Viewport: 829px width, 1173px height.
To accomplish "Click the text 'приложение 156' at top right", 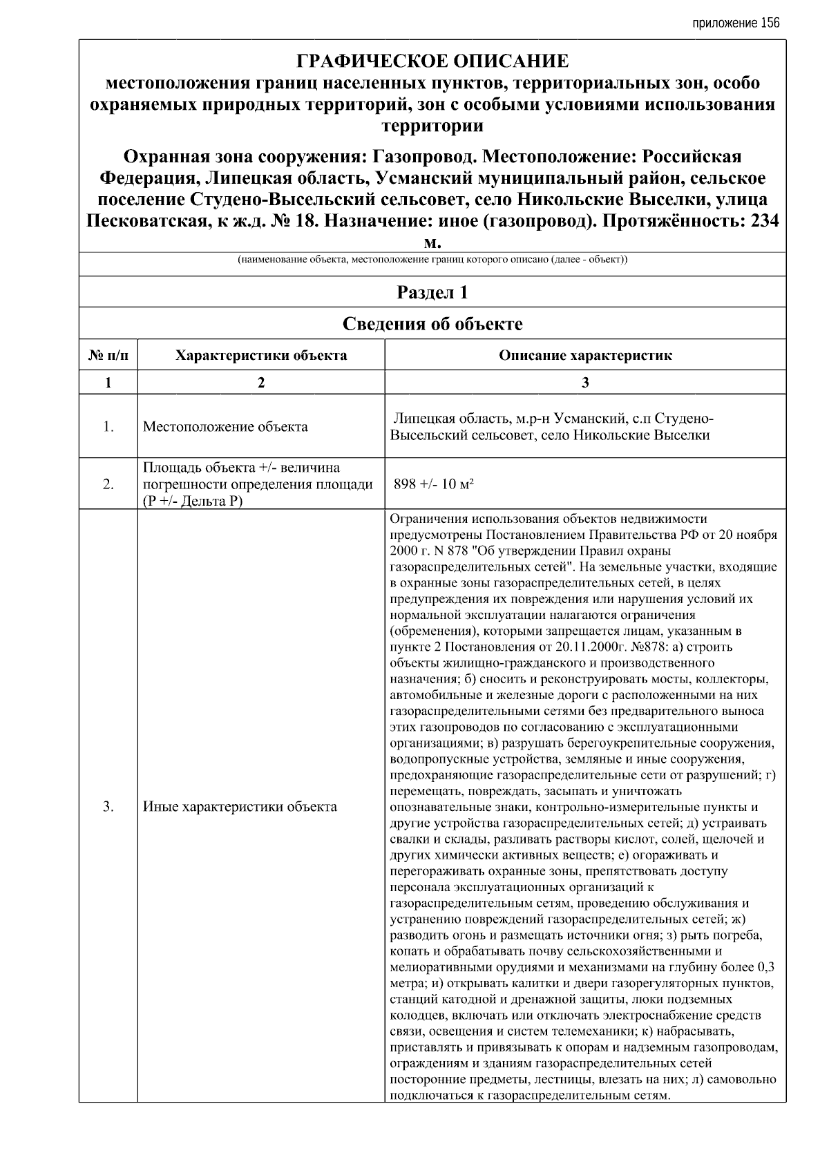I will (735, 23).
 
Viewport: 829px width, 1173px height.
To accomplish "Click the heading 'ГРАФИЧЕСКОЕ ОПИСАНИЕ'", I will (432, 61).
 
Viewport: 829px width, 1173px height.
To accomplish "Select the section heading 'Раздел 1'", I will (432, 292).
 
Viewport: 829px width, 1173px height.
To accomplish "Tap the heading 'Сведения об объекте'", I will (432, 324).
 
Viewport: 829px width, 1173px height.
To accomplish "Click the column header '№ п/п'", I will (108, 356).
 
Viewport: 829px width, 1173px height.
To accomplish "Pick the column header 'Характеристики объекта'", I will (261, 356).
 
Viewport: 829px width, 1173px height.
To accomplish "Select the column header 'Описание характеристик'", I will (585, 356).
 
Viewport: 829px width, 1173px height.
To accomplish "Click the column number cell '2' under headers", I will (261, 383).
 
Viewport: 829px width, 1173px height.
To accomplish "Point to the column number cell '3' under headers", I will (585, 383).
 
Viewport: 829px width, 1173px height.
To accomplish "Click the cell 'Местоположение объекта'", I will (225, 427).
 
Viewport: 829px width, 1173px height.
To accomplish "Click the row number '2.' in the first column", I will (108, 484).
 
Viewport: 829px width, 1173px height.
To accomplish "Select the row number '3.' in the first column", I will (108, 806).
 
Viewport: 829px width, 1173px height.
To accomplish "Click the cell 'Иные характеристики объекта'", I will (240, 806).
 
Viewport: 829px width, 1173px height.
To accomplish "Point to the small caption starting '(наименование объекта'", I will (432, 260).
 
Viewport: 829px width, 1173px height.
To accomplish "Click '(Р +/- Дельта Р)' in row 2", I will (193, 501).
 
